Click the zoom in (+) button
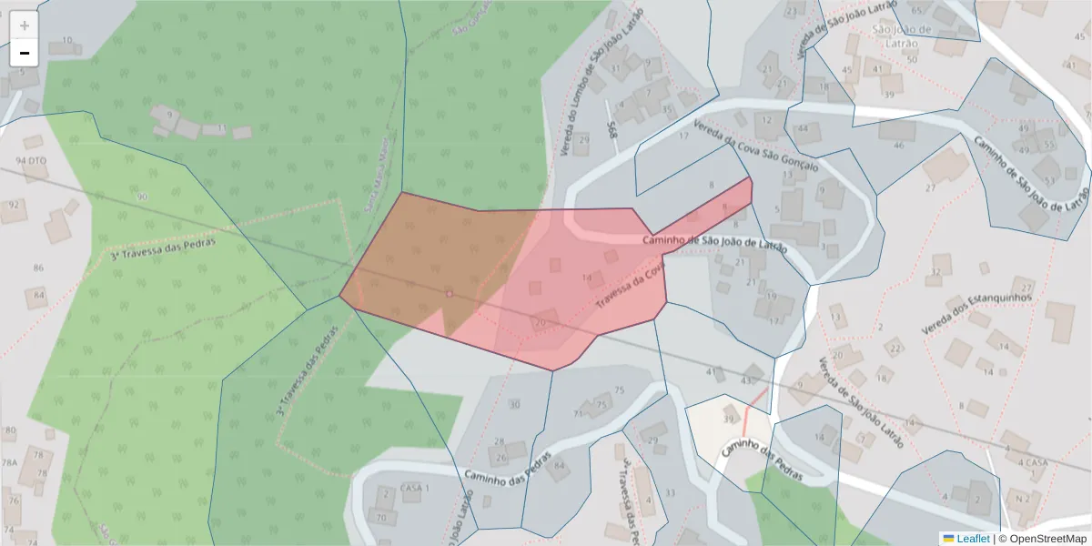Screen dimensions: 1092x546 click(x=25, y=25)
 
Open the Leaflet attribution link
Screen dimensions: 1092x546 click(x=966, y=539)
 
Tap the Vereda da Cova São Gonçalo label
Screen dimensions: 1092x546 click(x=755, y=147)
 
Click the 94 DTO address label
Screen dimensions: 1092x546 click(x=31, y=160)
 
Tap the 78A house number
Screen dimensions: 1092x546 click(x=9, y=462)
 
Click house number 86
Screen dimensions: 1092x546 click(x=38, y=268)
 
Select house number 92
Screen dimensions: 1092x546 click(x=14, y=205)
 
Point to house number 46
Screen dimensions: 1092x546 click(x=899, y=146)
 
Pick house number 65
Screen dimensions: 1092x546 click(x=916, y=10)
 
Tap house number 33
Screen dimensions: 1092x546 click(x=671, y=492)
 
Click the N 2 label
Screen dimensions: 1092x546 click(x=1022, y=499)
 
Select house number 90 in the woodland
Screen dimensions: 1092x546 click(x=141, y=197)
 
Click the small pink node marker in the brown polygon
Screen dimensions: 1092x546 click(x=449, y=293)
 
